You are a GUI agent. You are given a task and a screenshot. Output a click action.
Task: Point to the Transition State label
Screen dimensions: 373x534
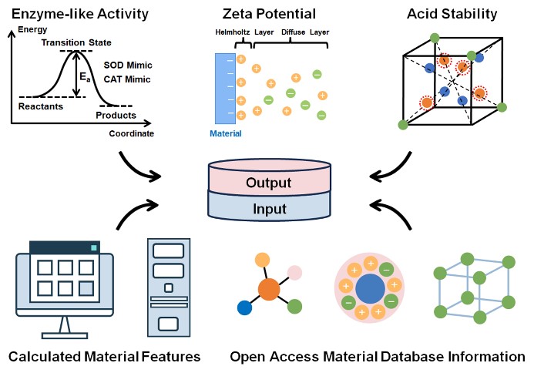coord(76,43)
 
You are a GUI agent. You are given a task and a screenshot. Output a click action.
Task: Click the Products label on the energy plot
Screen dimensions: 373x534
coord(116,116)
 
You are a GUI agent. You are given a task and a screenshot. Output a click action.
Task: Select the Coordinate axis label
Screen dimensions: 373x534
coord(132,133)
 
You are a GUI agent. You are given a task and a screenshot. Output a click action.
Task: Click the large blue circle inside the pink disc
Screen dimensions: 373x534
coord(371,289)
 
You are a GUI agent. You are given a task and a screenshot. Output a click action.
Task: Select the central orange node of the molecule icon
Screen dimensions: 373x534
coord(268,290)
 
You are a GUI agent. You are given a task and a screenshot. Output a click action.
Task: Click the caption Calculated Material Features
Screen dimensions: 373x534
coord(104,357)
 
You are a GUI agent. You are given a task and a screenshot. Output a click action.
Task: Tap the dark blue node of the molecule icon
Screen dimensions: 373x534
coord(244,308)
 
